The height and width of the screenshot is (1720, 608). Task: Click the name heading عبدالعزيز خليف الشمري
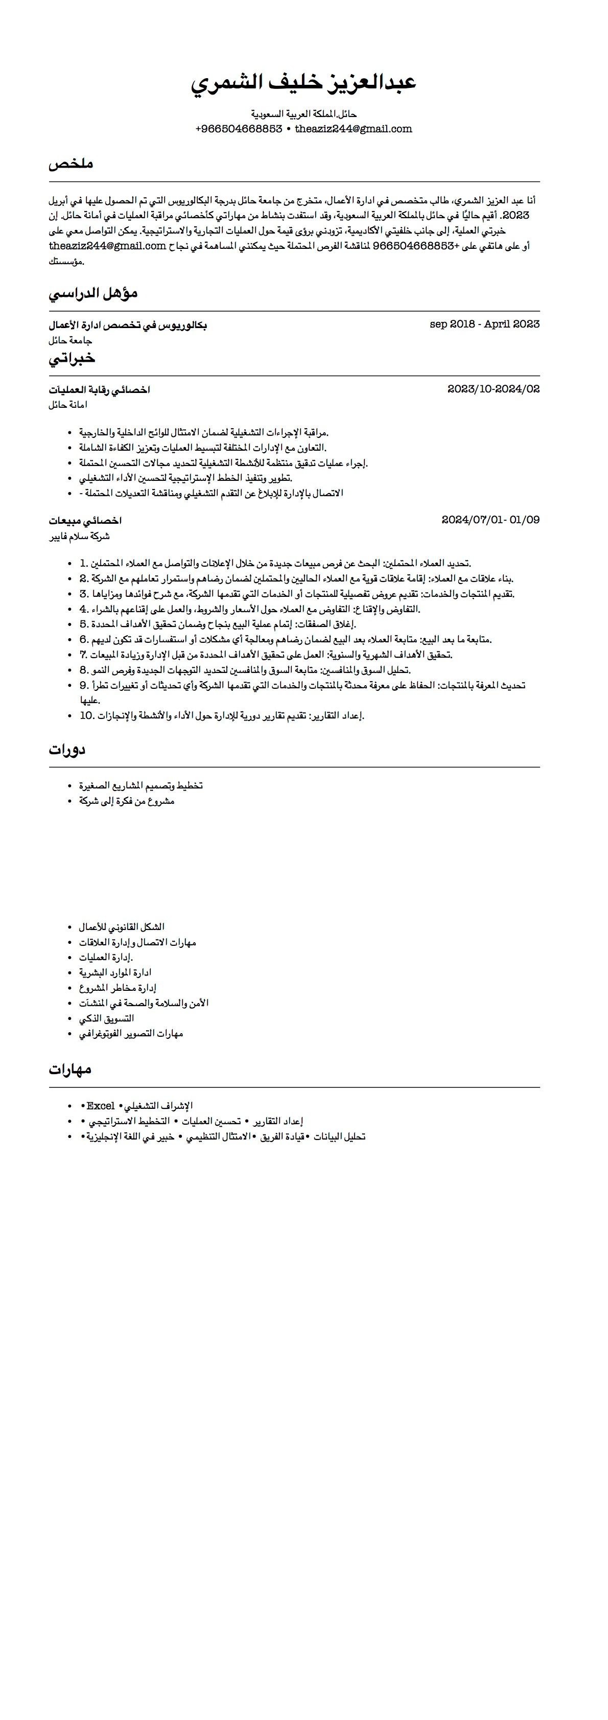coord(303,83)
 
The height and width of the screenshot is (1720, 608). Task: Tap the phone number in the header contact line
coord(239,129)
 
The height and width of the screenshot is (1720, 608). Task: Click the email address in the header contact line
coord(353,129)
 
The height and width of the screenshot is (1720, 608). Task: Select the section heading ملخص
coord(71,164)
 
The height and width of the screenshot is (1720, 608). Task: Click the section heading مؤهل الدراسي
coord(93,293)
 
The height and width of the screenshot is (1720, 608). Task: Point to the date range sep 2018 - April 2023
coord(484,324)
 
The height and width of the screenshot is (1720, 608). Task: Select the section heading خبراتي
coord(72,359)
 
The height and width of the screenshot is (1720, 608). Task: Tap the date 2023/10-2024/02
coord(493,388)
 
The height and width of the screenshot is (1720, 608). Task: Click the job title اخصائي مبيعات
coord(85,521)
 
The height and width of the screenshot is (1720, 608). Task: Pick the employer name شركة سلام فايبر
coord(79,536)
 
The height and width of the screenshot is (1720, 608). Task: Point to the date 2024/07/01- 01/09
coord(490,520)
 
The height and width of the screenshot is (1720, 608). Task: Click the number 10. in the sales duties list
coord(87,716)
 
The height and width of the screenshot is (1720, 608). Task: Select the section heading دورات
coord(67,750)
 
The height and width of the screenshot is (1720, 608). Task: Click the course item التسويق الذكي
coord(106,1018)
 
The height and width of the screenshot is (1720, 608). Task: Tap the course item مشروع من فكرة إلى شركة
coord(126,801)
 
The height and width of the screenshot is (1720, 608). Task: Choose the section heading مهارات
coord(69,1070)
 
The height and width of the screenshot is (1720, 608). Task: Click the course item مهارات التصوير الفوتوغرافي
coord(131,1034)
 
